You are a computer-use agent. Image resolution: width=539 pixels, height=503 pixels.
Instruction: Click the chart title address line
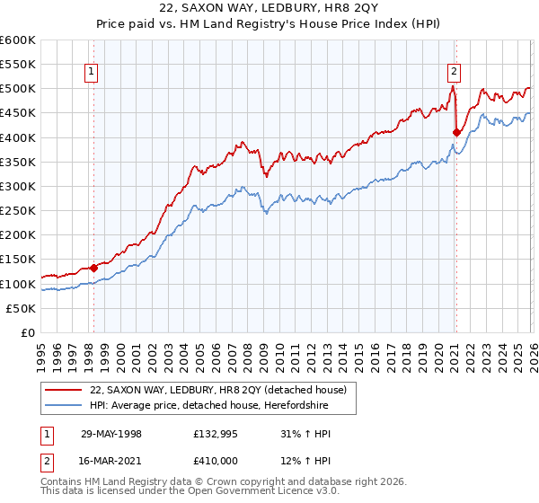pyautogui.click(x=269, y=8)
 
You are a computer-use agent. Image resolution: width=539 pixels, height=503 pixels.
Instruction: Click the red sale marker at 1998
pyautogui.click(x=93, y=268)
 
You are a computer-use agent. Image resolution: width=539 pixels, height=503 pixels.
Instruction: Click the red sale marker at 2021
pyautogui.click(x=456, y=133)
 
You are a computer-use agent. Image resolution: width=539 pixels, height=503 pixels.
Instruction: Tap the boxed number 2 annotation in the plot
pyautogui.click(x=455, y=72)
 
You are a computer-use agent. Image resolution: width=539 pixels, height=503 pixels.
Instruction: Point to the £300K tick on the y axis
pyautogui.click(x=18, y=186)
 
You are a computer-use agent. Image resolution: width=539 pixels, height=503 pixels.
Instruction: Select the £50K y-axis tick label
pyautogui.click(x=21, y=308)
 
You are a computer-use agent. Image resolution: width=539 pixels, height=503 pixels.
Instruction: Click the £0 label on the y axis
pyautogui.click(x=27, y=332)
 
